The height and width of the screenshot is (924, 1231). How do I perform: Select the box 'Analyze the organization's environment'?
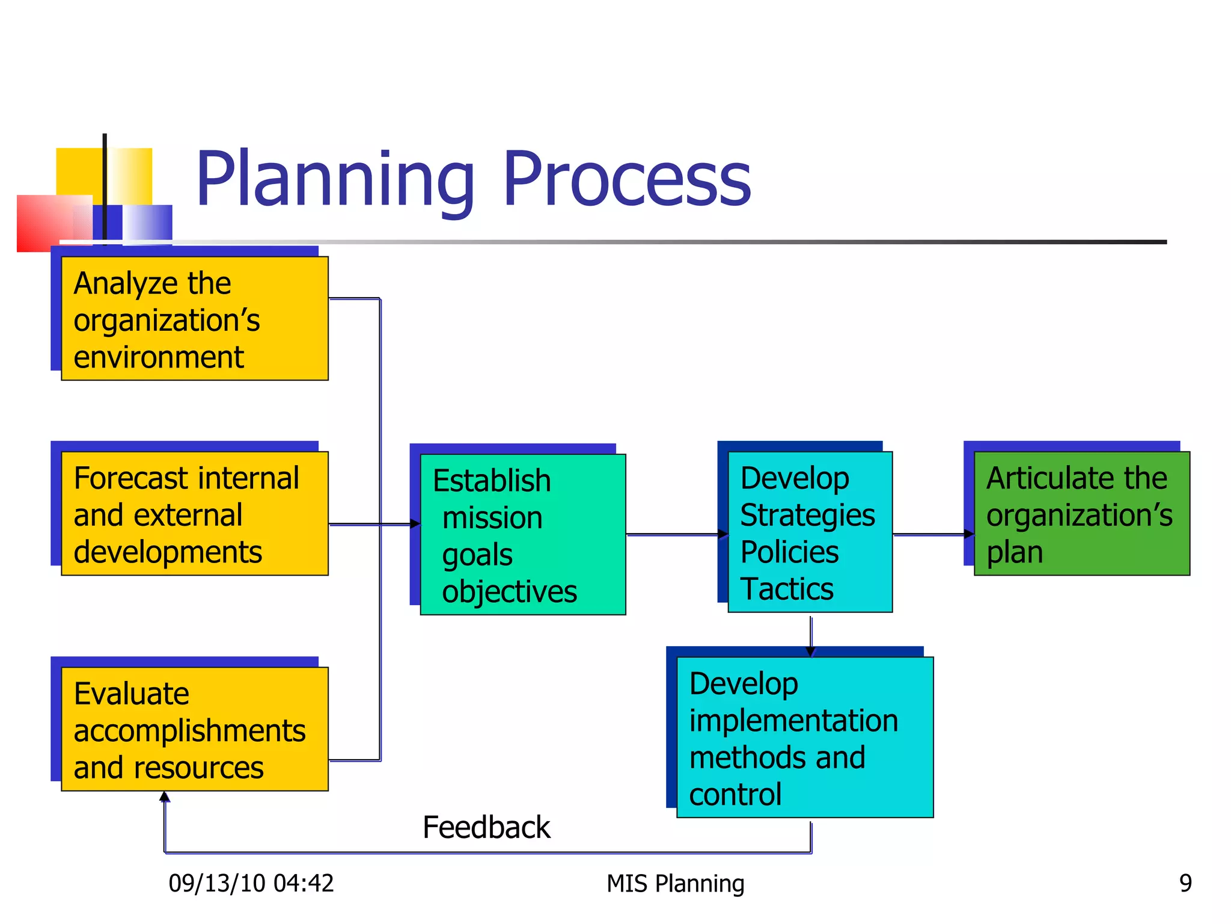tap(194, 319)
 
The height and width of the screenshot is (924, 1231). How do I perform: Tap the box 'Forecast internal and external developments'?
tap(194, 514)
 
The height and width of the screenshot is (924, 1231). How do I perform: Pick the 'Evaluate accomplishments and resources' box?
tap(194, 729)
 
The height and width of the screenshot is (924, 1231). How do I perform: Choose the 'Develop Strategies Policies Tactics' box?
tap(810, 532)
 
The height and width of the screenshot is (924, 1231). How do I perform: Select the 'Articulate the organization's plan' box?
tap(1081, 514)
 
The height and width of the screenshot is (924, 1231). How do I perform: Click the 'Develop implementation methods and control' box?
tap(804, 737)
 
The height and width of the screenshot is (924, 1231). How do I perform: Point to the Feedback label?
tap(486, 827)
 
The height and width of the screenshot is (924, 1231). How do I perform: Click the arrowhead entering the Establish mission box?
tap(415, 524)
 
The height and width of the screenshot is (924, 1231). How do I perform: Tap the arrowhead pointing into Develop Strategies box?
tap(723, 534)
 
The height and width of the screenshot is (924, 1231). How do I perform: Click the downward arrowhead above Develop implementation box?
tap(810, 651)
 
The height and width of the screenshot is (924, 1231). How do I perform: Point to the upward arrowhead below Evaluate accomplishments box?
tap(165, 797)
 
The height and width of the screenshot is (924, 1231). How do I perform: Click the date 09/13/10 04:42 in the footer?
tap(251, 883)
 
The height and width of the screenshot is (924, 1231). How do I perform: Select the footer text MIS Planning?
tap(675, 883)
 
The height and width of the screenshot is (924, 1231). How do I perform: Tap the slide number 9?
tap(1185, 883)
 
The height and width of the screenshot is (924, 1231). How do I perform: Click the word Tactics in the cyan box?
tap(786, 589)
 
